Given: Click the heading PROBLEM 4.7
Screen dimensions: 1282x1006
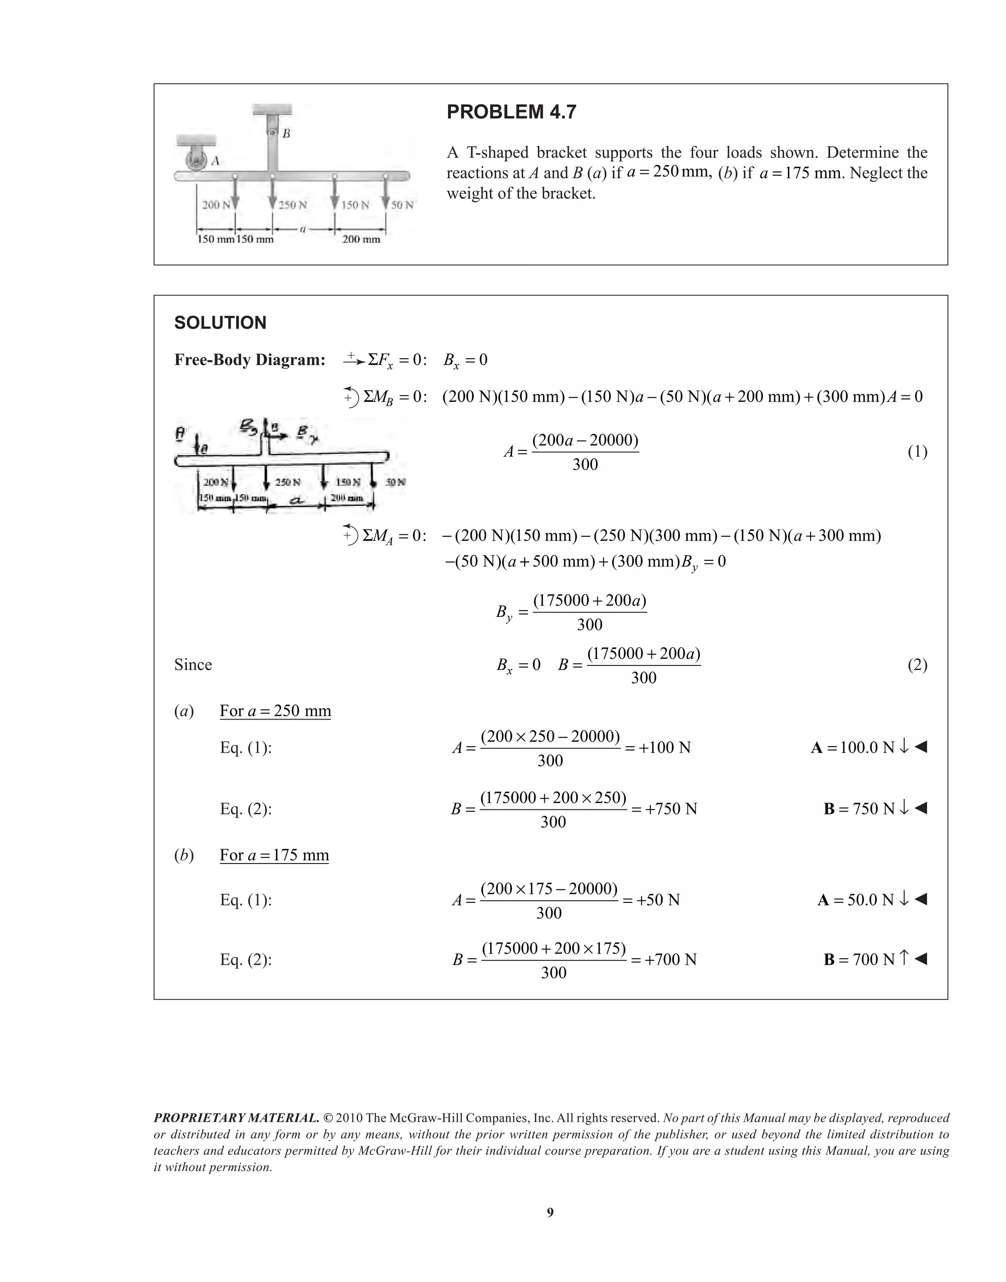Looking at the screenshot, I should pos(511,112).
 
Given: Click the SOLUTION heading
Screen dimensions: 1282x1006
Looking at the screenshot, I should pos(220,323).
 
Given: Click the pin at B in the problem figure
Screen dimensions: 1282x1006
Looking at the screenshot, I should pos(273,133).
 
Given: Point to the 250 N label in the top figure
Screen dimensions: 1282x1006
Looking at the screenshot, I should pos(293,205).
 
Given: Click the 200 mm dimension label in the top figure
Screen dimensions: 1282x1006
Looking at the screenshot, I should pos(361,239).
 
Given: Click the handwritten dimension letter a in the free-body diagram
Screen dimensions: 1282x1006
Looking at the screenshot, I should pos(297,501).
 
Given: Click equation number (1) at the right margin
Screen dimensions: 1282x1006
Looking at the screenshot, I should pos(917,452).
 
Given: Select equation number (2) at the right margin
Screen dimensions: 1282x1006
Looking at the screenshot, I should pos(917,665).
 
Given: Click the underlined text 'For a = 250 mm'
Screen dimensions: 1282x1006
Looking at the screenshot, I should pos(275,711).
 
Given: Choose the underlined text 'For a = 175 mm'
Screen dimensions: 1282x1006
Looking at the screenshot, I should pos(274,855).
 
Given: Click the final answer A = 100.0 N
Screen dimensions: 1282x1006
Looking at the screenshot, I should pos(853,748).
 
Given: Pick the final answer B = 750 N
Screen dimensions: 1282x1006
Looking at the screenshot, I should pos(859,808).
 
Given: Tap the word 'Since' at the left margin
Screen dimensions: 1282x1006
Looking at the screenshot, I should pos(193,665).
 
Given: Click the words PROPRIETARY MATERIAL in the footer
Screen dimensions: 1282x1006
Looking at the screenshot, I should pos(236,1118).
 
